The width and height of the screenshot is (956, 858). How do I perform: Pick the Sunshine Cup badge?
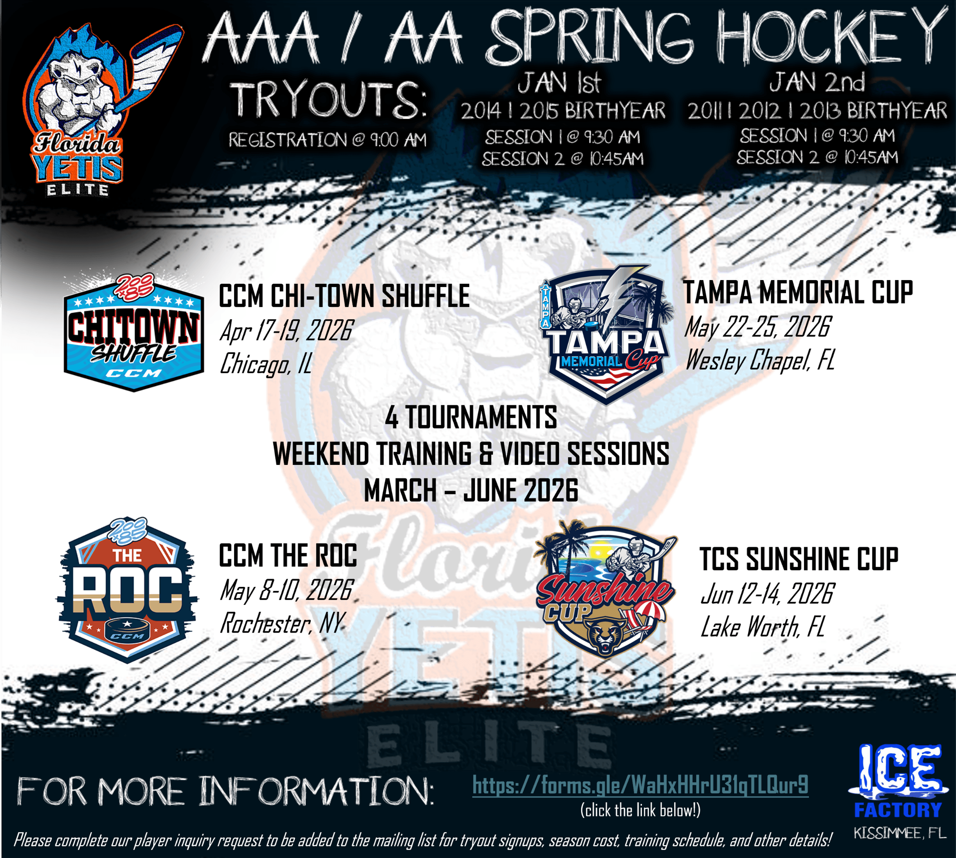(x=606, y=592)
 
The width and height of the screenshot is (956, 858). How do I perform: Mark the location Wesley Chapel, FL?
(x=760, y=360)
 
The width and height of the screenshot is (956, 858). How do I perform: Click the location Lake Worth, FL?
(x=763, y=627)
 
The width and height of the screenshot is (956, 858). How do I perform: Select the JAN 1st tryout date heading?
(x=560, y=83)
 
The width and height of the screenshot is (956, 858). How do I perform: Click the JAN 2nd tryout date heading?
(x=817, y=83)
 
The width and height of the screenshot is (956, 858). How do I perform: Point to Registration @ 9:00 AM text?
(x=327, y=140)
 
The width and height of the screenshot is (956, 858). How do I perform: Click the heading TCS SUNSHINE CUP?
(x=799, y=560)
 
